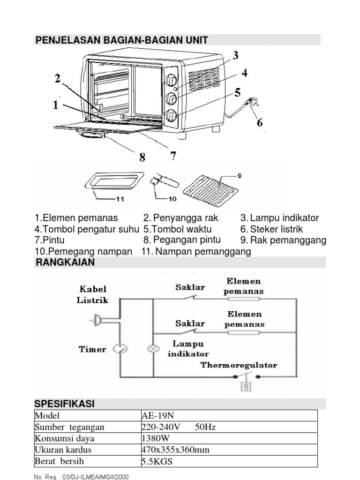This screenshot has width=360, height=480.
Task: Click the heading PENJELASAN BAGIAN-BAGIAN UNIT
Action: tap(121, 40)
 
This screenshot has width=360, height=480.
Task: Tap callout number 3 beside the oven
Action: tap(236, 55)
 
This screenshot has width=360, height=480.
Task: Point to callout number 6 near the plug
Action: tap(259, 123)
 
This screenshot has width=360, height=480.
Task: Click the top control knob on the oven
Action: tap(171, 80)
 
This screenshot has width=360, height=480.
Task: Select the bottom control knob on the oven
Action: tap(172, 115)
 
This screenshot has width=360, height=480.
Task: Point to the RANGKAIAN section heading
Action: tap(65, 262)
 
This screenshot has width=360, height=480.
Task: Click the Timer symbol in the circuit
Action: tap(120, 349)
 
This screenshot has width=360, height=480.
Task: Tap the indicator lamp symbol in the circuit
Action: tap(154, 349)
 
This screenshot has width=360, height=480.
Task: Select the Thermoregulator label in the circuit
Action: tap(239, 365)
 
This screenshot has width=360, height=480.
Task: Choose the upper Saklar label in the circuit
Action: tap(190, 287)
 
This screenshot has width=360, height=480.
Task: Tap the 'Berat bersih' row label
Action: tap(56, 461)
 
